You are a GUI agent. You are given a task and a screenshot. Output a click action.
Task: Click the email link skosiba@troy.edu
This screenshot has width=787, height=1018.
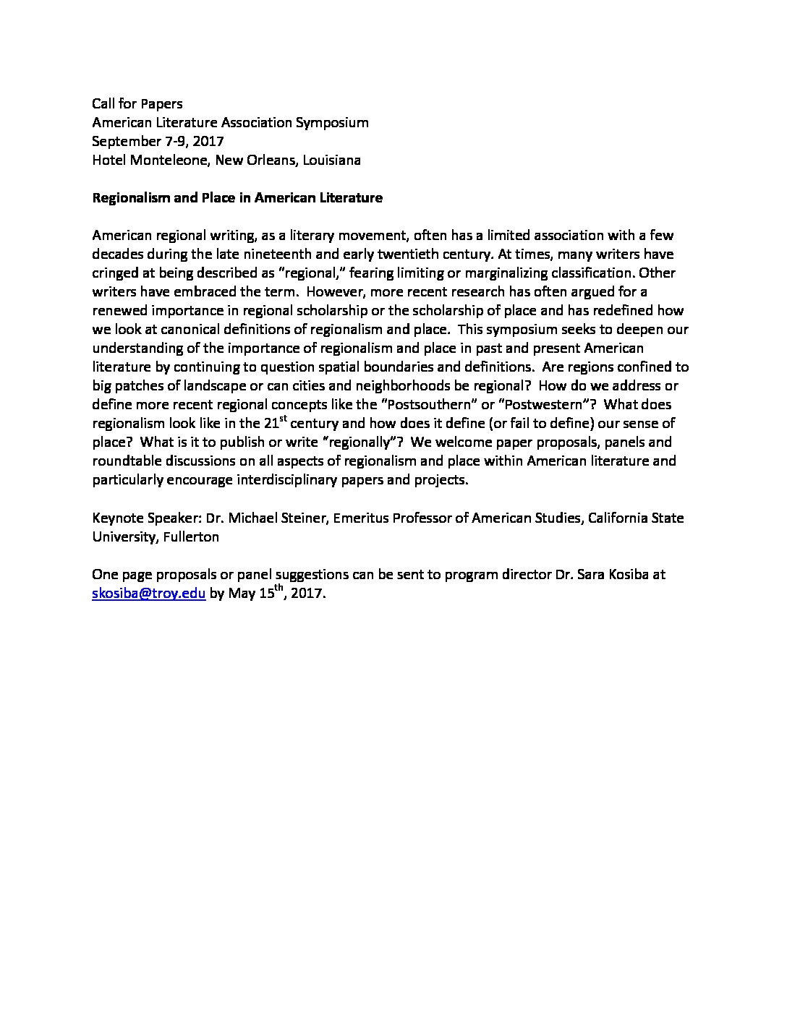click(149, 594)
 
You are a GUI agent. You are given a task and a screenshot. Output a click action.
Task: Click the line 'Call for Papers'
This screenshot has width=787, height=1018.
click(137, 104)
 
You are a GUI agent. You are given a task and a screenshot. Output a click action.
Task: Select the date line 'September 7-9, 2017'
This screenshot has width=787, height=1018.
click(158, 142)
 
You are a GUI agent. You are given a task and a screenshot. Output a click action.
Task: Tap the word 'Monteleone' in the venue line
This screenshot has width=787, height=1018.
click(168, 161)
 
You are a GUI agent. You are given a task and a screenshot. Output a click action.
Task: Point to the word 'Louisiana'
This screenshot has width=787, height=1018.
click(332, 161)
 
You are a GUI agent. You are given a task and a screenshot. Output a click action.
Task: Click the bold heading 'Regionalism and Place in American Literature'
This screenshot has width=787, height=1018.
click(237, 198)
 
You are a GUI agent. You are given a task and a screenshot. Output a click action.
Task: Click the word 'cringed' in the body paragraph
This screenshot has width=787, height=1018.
click(114, 273)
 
